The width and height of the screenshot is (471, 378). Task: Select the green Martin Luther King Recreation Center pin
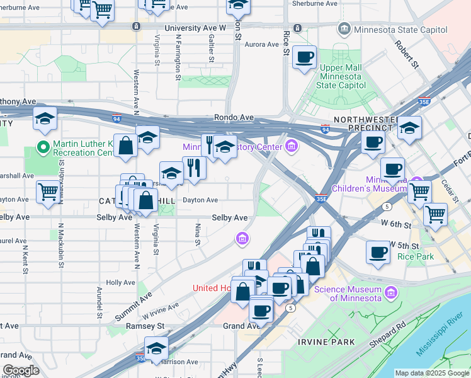(x=43, y=147)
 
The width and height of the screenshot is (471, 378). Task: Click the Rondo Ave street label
(x=234, y=117)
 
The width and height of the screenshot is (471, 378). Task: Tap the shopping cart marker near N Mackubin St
(x=48, y=192)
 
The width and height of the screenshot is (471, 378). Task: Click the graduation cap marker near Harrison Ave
(x=156, y=348)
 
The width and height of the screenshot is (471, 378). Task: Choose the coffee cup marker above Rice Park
(x=378, y=252)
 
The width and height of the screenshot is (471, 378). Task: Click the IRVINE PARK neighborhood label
(x=327, y=341)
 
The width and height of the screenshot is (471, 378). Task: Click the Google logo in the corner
(x=20, y=370)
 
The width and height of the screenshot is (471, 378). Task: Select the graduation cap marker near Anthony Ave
(x=45, y=120)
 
